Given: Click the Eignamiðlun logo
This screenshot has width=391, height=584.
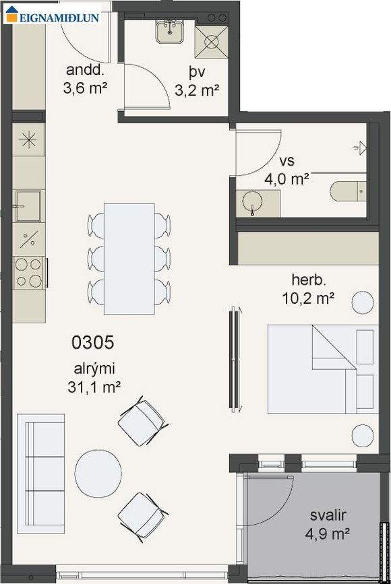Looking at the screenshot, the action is pyautogui.click(x=53, y=15).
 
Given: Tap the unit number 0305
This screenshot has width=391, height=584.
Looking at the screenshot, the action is pyautogui.click(x=93, y=343).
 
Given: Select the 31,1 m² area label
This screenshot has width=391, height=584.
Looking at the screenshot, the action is pyautogui.click(x=94, y=387).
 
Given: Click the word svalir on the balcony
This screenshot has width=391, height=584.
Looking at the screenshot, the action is pyautogui.click(x=328, y=515).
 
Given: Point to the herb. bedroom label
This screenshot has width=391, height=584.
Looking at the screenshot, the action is pyautogui.click(x=309, y=280).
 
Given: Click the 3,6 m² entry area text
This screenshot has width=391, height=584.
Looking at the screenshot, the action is pyautogui.click(x=86, y=88).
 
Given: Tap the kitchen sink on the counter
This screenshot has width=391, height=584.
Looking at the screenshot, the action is pyautogui.click(x=28, y=206).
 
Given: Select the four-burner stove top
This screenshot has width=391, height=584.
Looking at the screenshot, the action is pyautogui.click(x=29, y=273).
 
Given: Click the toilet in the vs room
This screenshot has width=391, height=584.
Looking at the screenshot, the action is pyautogui.click(x=348, y=191).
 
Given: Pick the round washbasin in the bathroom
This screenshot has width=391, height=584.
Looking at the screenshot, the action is pyautogui.click(x=252, y=202).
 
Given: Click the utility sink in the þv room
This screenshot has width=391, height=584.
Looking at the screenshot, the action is pyautogui.click(x=170, y=32).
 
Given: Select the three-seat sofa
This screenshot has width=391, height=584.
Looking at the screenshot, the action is pyautogui.click(x=40, y=474).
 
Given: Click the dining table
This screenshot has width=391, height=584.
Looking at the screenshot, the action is pyautogui.click(x=129, y=259).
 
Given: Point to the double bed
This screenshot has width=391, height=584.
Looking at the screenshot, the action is pyautogui.click(x=323, y=369).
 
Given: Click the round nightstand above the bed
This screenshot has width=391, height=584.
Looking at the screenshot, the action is pyautogui.click(x=363, y=302).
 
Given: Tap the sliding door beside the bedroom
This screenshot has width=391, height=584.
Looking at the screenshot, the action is pyautogui.click(x=235, y=359).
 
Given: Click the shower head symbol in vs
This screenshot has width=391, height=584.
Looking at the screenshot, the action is pyautogui.click(x=361, y=148).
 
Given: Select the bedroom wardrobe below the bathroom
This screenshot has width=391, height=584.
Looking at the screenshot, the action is pyautogui.click(x=308, y=249).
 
